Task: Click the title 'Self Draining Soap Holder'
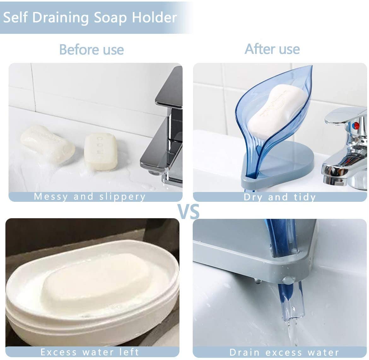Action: pos(90,17)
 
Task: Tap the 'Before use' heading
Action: pos(91,50)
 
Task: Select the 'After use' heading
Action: pos(272,49)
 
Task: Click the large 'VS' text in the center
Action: pos(188,211)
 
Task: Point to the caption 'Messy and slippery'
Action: pos(90,196)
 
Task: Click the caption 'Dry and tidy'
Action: pos(280,197)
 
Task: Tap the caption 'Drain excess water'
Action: pos(284,352)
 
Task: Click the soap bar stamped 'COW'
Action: pos(101,151)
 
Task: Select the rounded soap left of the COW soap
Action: pos(47,144)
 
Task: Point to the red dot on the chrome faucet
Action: pos(356,125)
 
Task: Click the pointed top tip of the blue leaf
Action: pos(311,67)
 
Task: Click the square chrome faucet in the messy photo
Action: pos(166,126)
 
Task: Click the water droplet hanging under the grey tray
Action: pos(258,281)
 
